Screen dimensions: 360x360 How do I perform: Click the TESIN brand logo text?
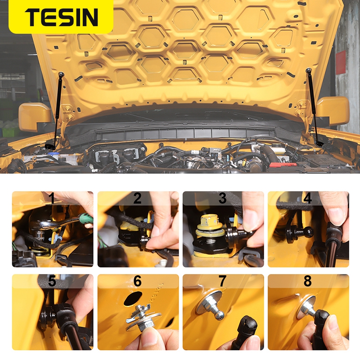tap(61, 17)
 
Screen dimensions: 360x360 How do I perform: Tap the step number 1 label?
tap(53, 198)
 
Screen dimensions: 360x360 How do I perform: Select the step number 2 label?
tap(137, 198)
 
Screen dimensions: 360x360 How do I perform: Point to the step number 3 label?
tap(222, 198)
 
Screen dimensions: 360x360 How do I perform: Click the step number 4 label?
tap(308, 198)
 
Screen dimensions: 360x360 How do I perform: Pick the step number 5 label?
tap(52, 281)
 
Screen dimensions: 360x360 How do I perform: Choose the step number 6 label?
tap(138, 281)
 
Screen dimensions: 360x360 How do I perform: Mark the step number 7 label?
tap(222, 281)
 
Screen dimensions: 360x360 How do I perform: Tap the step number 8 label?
tap(308, 281)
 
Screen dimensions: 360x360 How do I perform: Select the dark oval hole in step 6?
tap(133, 299)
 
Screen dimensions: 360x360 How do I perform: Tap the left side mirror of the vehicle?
tap(35, 117)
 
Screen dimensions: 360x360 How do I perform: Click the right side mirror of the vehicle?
tap(333, 111)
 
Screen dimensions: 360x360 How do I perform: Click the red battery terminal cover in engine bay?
tap(282, 165)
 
